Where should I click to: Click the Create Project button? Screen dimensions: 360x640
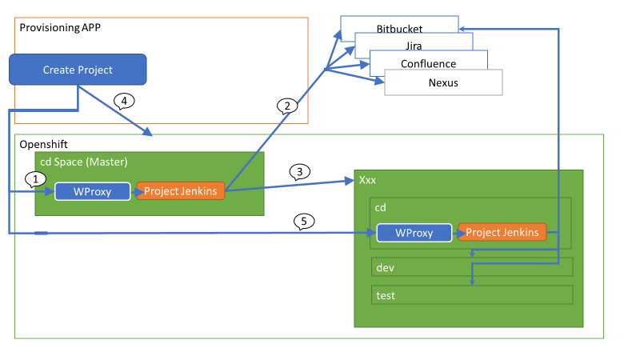coord(78,70)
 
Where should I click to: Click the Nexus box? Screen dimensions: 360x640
coord(442,82)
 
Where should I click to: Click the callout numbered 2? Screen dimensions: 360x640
coord(287,106)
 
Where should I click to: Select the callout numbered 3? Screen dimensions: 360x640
coord(298,170)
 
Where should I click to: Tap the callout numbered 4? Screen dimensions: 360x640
coord(124,101)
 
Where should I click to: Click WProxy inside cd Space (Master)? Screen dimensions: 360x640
coord(92,191)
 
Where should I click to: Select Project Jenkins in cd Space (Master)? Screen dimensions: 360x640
coord(181,191)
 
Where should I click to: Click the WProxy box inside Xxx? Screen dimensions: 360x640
coord(414,233)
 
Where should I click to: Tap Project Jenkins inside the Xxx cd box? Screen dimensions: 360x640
coord(502,232)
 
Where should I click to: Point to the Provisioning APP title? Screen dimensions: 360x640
coord(60,27)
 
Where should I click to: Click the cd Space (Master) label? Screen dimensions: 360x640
coord(83,162)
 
